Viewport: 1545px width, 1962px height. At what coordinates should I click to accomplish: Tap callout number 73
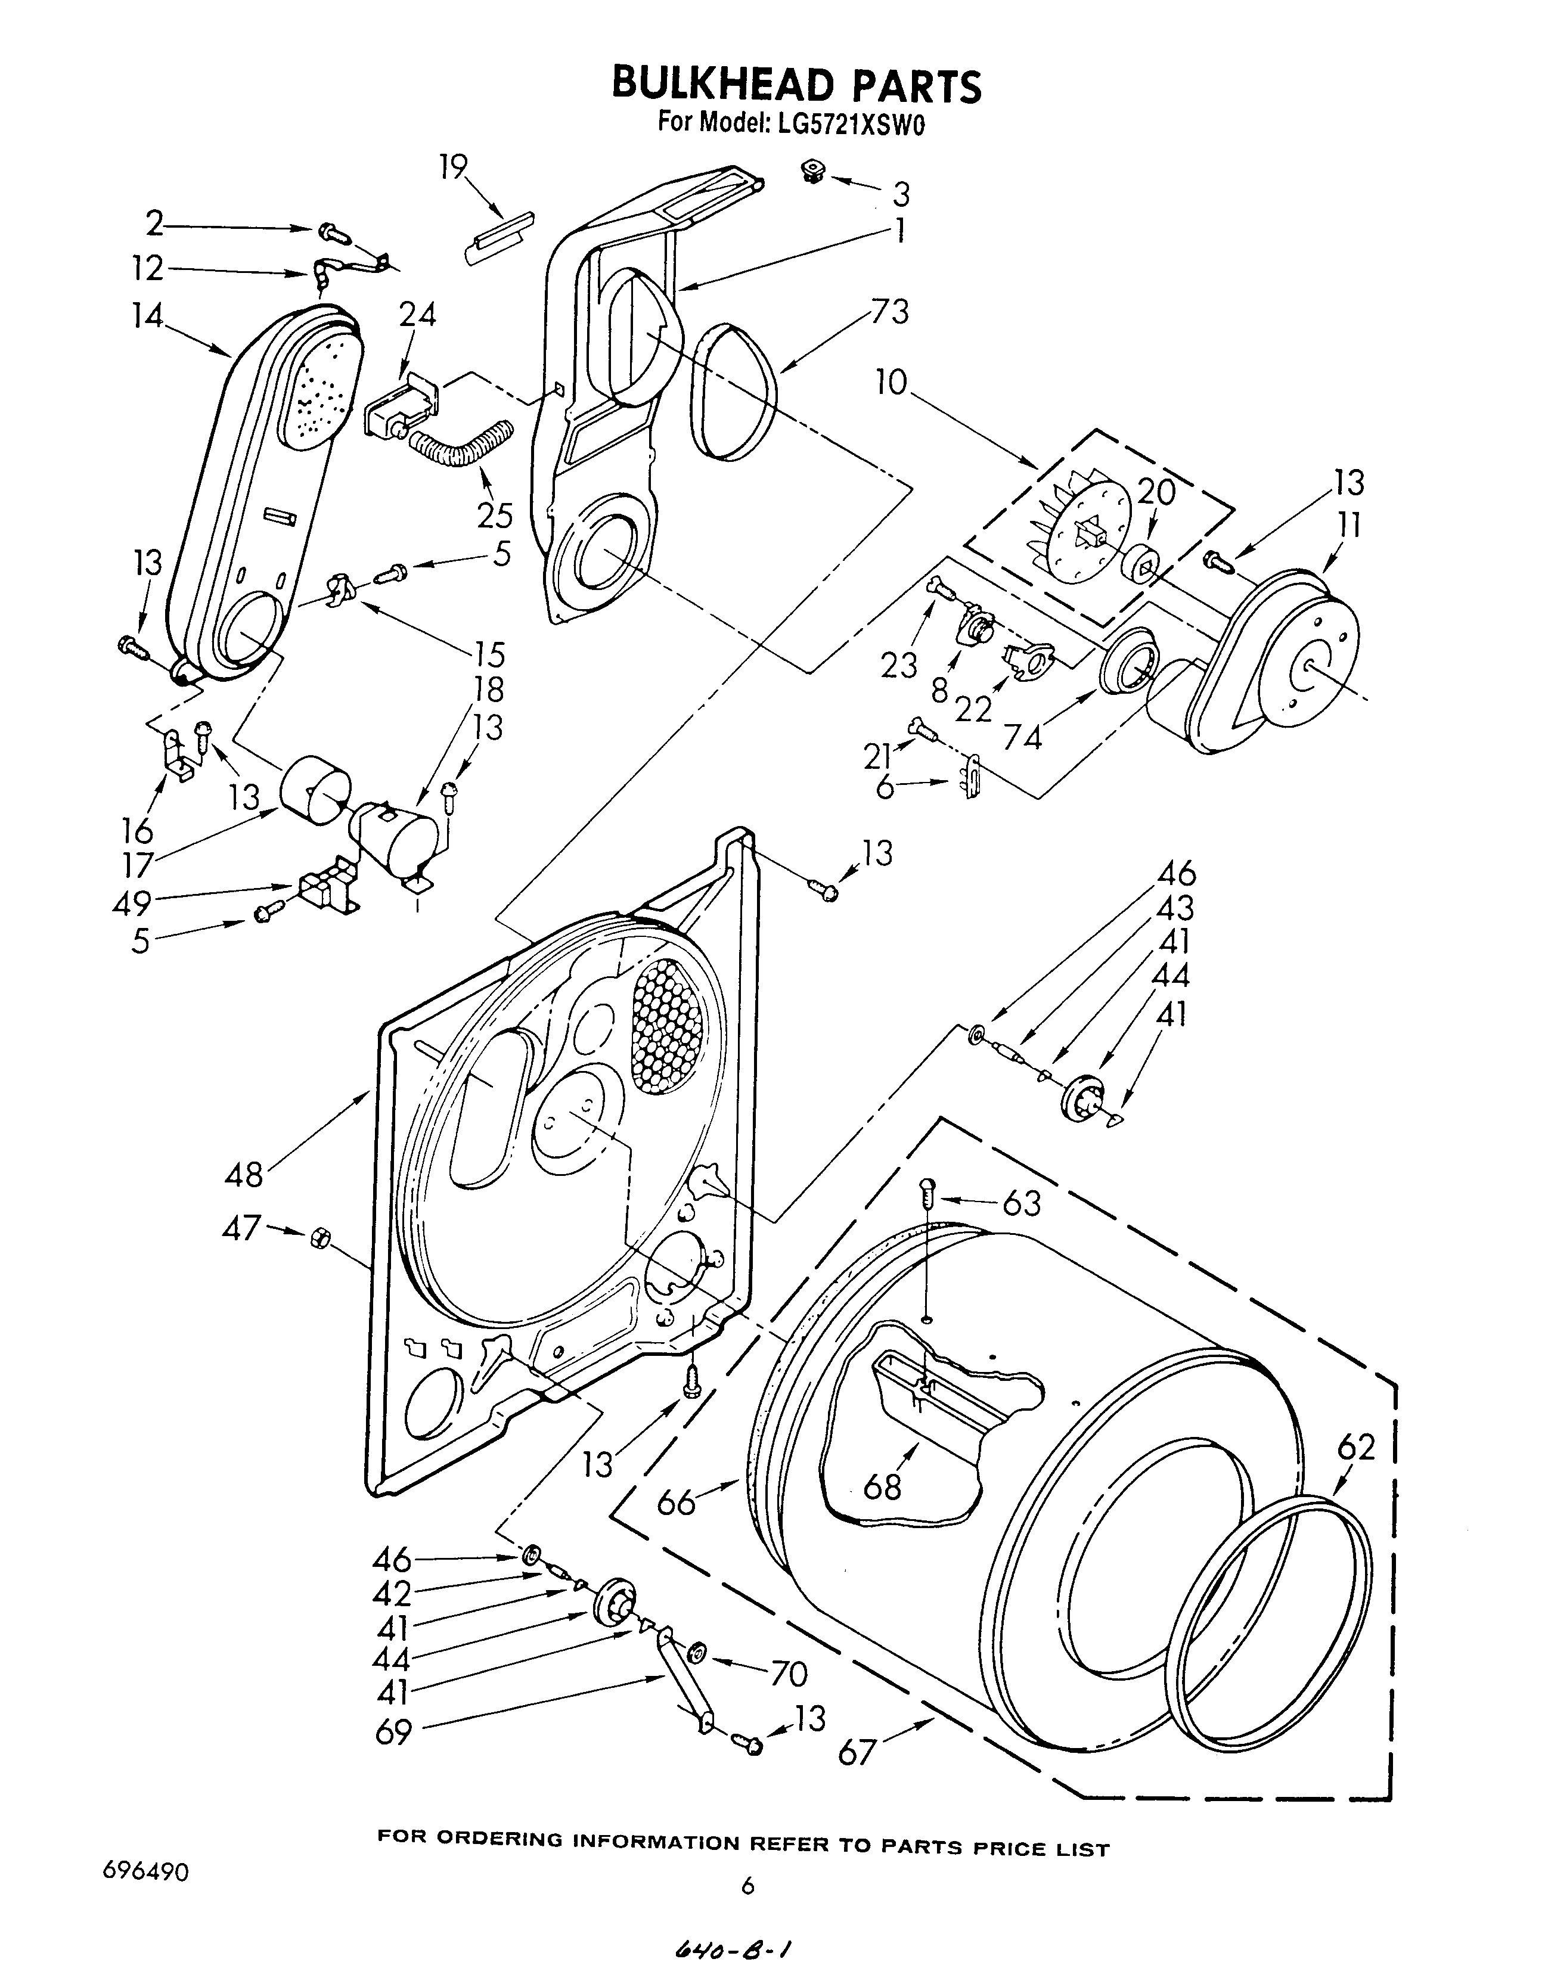[x=889, y=312]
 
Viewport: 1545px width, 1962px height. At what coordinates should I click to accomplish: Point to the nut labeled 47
[x=318, y=1237]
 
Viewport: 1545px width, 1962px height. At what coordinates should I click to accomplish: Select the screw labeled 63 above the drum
[x=926, y=1193]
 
